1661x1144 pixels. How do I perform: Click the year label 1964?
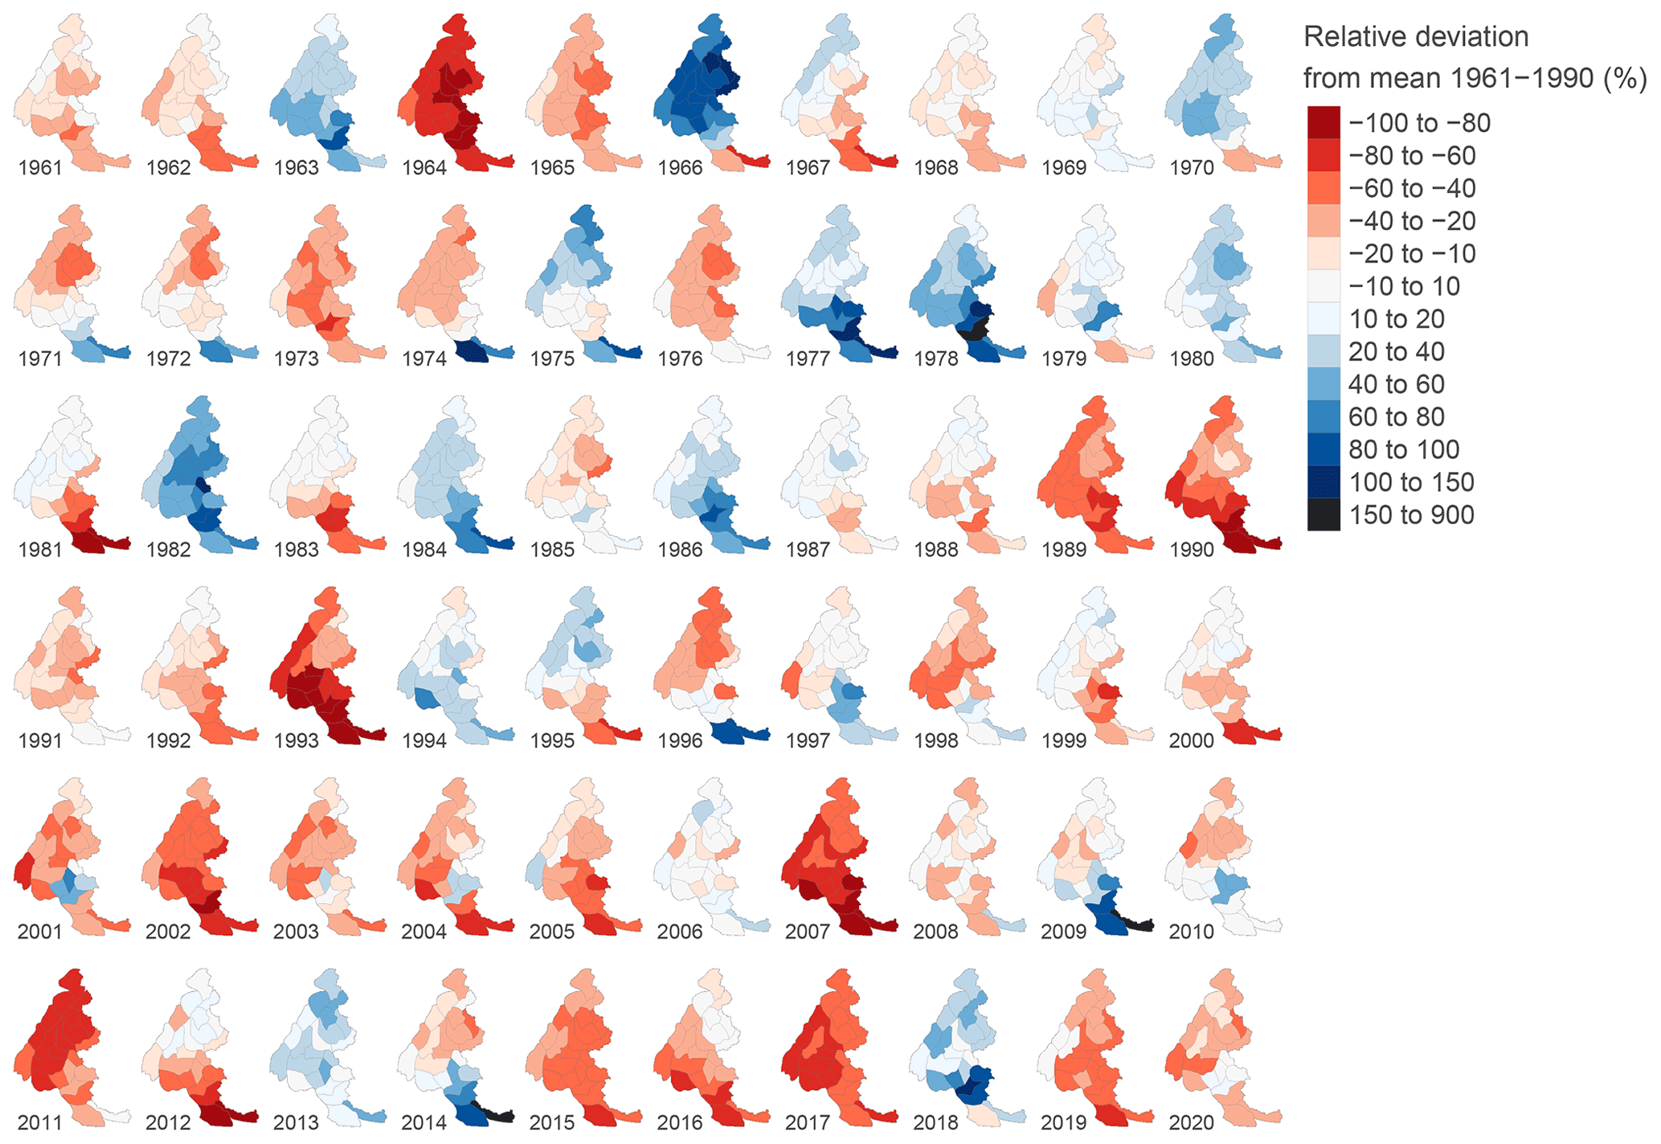(423, 168)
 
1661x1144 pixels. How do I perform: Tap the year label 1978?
(935, 359)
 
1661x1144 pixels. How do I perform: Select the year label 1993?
(296, 740)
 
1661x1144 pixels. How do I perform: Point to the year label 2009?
(1063, 932)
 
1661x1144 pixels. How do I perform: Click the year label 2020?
(1191, 1122)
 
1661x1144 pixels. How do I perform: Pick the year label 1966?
(680, 168)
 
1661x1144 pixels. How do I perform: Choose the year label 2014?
(423, 1122)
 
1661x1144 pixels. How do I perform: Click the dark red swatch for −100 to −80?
(1323, 123)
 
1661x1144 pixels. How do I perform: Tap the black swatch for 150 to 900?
(1323, 515)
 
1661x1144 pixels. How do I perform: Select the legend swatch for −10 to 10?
(1323, 286)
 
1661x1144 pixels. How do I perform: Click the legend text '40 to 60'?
(1397, 384)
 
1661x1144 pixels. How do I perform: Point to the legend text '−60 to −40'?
(1412, 188)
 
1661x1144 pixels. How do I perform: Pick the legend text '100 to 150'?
(1411, 482)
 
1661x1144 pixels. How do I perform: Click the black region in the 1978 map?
(975, 328)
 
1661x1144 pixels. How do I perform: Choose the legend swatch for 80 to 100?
(1323, 449)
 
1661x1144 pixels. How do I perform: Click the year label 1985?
(552, 550)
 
